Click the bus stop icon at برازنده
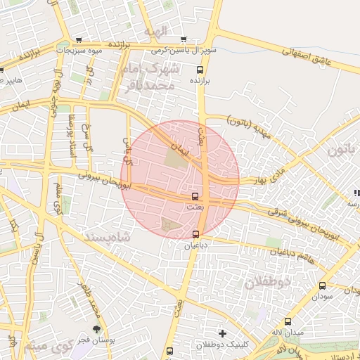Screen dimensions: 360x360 click(x=200, y=70)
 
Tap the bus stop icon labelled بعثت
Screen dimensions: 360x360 click(x=195, y=196)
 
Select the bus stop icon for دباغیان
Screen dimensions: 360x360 click(x=195, y=234)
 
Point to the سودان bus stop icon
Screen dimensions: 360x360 click(x=322, y=285)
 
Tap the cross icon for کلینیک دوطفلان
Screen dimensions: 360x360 click(x=223, y=333)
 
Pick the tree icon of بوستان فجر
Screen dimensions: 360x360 click(x=96, y=328)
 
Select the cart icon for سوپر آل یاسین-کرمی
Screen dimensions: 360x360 click(x=184, y=39)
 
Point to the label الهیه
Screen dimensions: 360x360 click(x=156, y=32)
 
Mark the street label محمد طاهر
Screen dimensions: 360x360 click(x=96, y=299)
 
